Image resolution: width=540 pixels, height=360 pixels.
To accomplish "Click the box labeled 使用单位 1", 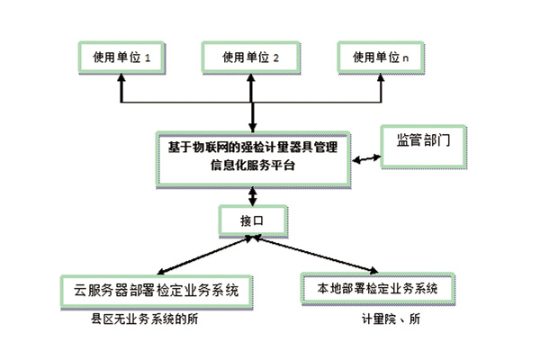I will point(121,58).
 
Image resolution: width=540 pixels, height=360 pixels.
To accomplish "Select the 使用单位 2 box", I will point(250,58).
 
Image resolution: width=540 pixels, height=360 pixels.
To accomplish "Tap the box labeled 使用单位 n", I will point(382,58).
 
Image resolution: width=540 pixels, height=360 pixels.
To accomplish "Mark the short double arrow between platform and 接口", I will point(253,193).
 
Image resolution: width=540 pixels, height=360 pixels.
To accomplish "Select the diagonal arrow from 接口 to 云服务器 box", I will point(202,254).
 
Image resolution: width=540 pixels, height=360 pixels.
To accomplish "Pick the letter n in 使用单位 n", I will point(406,58).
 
